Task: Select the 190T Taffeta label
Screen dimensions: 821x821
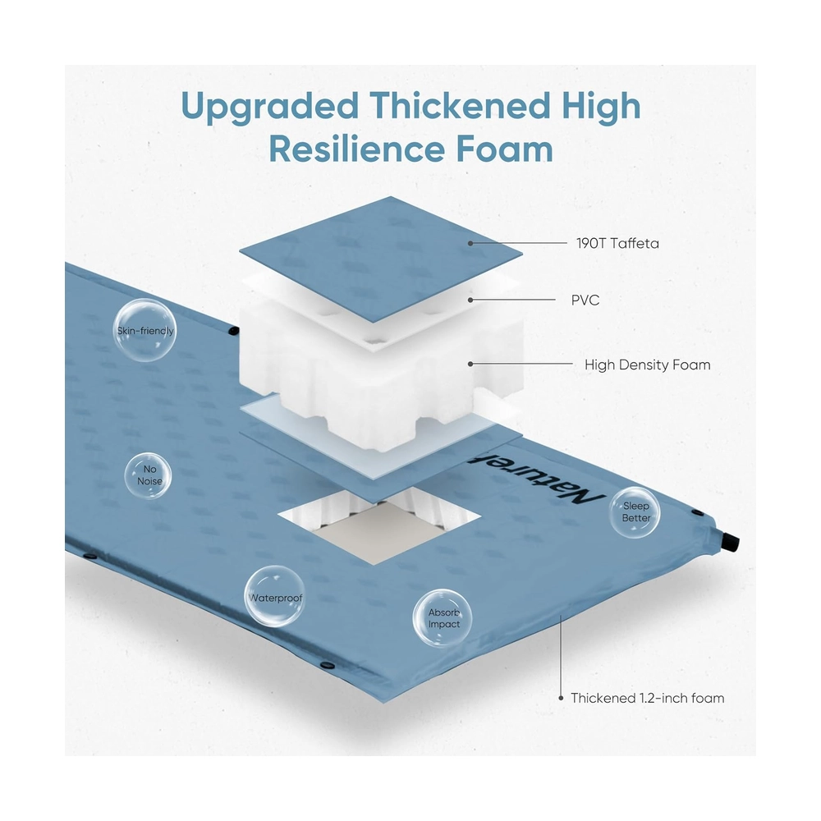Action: pos(617,244)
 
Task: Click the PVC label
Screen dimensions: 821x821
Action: pos(585,300)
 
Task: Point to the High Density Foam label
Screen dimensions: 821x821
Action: pos(647,365)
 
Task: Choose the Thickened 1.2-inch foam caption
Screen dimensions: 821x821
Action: pos(647,699)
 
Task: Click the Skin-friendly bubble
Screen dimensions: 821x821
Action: pos(144,330)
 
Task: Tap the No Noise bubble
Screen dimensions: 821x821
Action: pos(149,475)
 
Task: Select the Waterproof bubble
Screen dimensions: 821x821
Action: pos(274,597)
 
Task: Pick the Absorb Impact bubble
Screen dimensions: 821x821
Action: pos(443,618)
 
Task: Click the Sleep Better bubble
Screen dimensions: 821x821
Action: pos(635,512)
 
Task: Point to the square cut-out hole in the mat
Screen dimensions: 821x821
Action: pos(379,525)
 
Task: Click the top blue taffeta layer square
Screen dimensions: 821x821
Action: pos(381,259)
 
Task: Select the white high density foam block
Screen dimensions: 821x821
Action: pos(381,366)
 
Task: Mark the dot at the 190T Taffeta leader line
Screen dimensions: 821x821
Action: pos(470,244)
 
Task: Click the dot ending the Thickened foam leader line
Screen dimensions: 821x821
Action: pos(561,698)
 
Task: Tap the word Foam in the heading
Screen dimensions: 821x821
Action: pos(505,149)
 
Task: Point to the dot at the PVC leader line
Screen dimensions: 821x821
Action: pos(470,300)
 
